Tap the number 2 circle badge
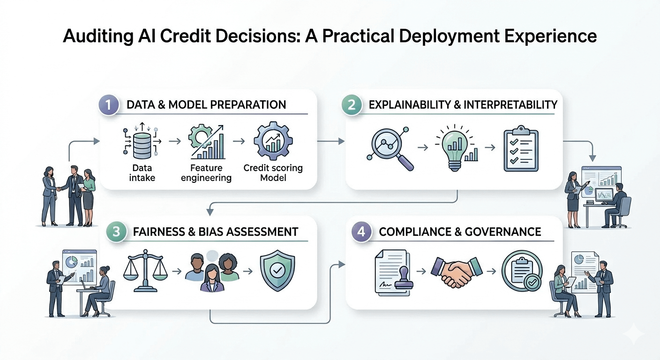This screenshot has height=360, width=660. pyautogui.click(x=352, y=104)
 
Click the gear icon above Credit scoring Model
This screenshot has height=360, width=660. pyautogui.click(x=272, y=141)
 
